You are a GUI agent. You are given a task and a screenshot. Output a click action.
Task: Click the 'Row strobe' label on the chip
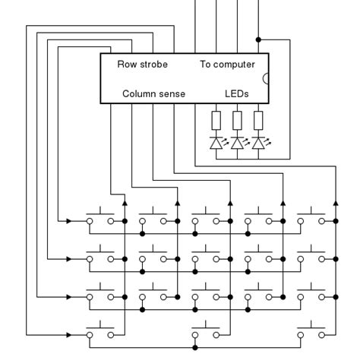pyautogui.click(x=142, y=65)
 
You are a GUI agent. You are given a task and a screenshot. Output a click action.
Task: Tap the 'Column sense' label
pyautogui.click(x=154, y=93)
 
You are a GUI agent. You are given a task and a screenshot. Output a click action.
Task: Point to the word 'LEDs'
pyautogui.click(x=237, y=93)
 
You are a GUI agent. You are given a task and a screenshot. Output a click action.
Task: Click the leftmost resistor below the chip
pyautogui.click(x=216, y=121)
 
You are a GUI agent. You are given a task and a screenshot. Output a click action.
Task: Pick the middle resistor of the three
pyautogui.click(x=238, y=121)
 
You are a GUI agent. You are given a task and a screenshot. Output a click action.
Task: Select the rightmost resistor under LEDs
pyautogui.click(x=259, y=121)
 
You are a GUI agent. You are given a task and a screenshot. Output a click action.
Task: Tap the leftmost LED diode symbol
pyautogui.click(x=216, y=142)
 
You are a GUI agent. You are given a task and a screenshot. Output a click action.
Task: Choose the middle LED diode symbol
pyautogui.click(x=238, y=142)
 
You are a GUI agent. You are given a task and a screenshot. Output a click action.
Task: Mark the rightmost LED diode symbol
pyautogui.click(x=259, y=142)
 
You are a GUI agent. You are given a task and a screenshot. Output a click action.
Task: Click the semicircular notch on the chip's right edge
pyautogui.click(x=266, y=77)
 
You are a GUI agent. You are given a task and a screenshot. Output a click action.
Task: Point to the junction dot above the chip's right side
pyautogui.click(x=259, y=39)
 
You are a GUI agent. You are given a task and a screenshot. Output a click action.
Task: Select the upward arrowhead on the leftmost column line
pyautogui.click(x=125, y=202)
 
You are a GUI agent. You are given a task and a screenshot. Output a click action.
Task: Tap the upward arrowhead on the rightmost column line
pyautogui.click(x=335, y=202)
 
